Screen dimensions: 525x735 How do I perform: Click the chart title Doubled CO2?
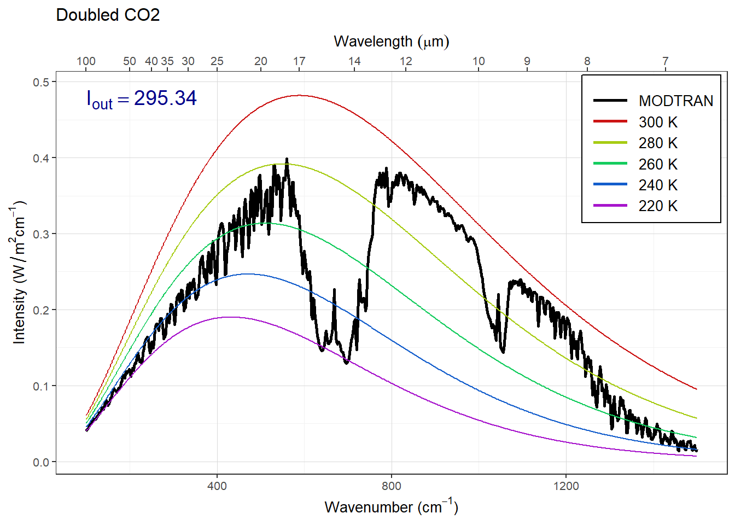[x=108, y=15]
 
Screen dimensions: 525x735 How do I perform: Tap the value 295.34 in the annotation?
[x=165, y=98]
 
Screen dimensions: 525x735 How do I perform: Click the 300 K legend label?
[x=658, y=122]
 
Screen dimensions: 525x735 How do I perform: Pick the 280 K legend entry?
[x=658, y=143]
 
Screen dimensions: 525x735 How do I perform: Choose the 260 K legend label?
[x=658, y=165]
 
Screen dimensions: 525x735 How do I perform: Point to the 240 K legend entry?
[x=658, y=185]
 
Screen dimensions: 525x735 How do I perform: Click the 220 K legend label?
[x=658, y=206]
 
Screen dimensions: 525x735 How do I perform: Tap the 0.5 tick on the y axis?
[x=41, y=83]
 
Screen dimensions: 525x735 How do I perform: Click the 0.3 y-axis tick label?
[x=41, y=235]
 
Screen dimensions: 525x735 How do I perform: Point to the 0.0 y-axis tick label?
[x=41, y=463]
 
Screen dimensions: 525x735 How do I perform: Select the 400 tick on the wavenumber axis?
[x=217, y=486]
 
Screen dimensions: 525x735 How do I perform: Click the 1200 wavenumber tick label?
[x=565, y=486]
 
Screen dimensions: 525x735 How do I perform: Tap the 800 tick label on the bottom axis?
[x=392, y=486]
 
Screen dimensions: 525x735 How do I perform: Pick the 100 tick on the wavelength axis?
[x=86, y=61]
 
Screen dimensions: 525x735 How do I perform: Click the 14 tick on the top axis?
[x=354, y=61]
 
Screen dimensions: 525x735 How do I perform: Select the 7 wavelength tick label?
[x=666, y=61]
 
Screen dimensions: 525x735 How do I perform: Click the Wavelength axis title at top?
[x=391, y=42]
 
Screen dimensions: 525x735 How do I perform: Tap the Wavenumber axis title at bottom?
[x=391, y=507]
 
